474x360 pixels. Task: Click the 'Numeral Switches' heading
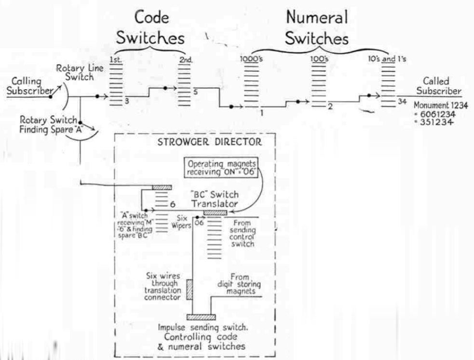(317, 28)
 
